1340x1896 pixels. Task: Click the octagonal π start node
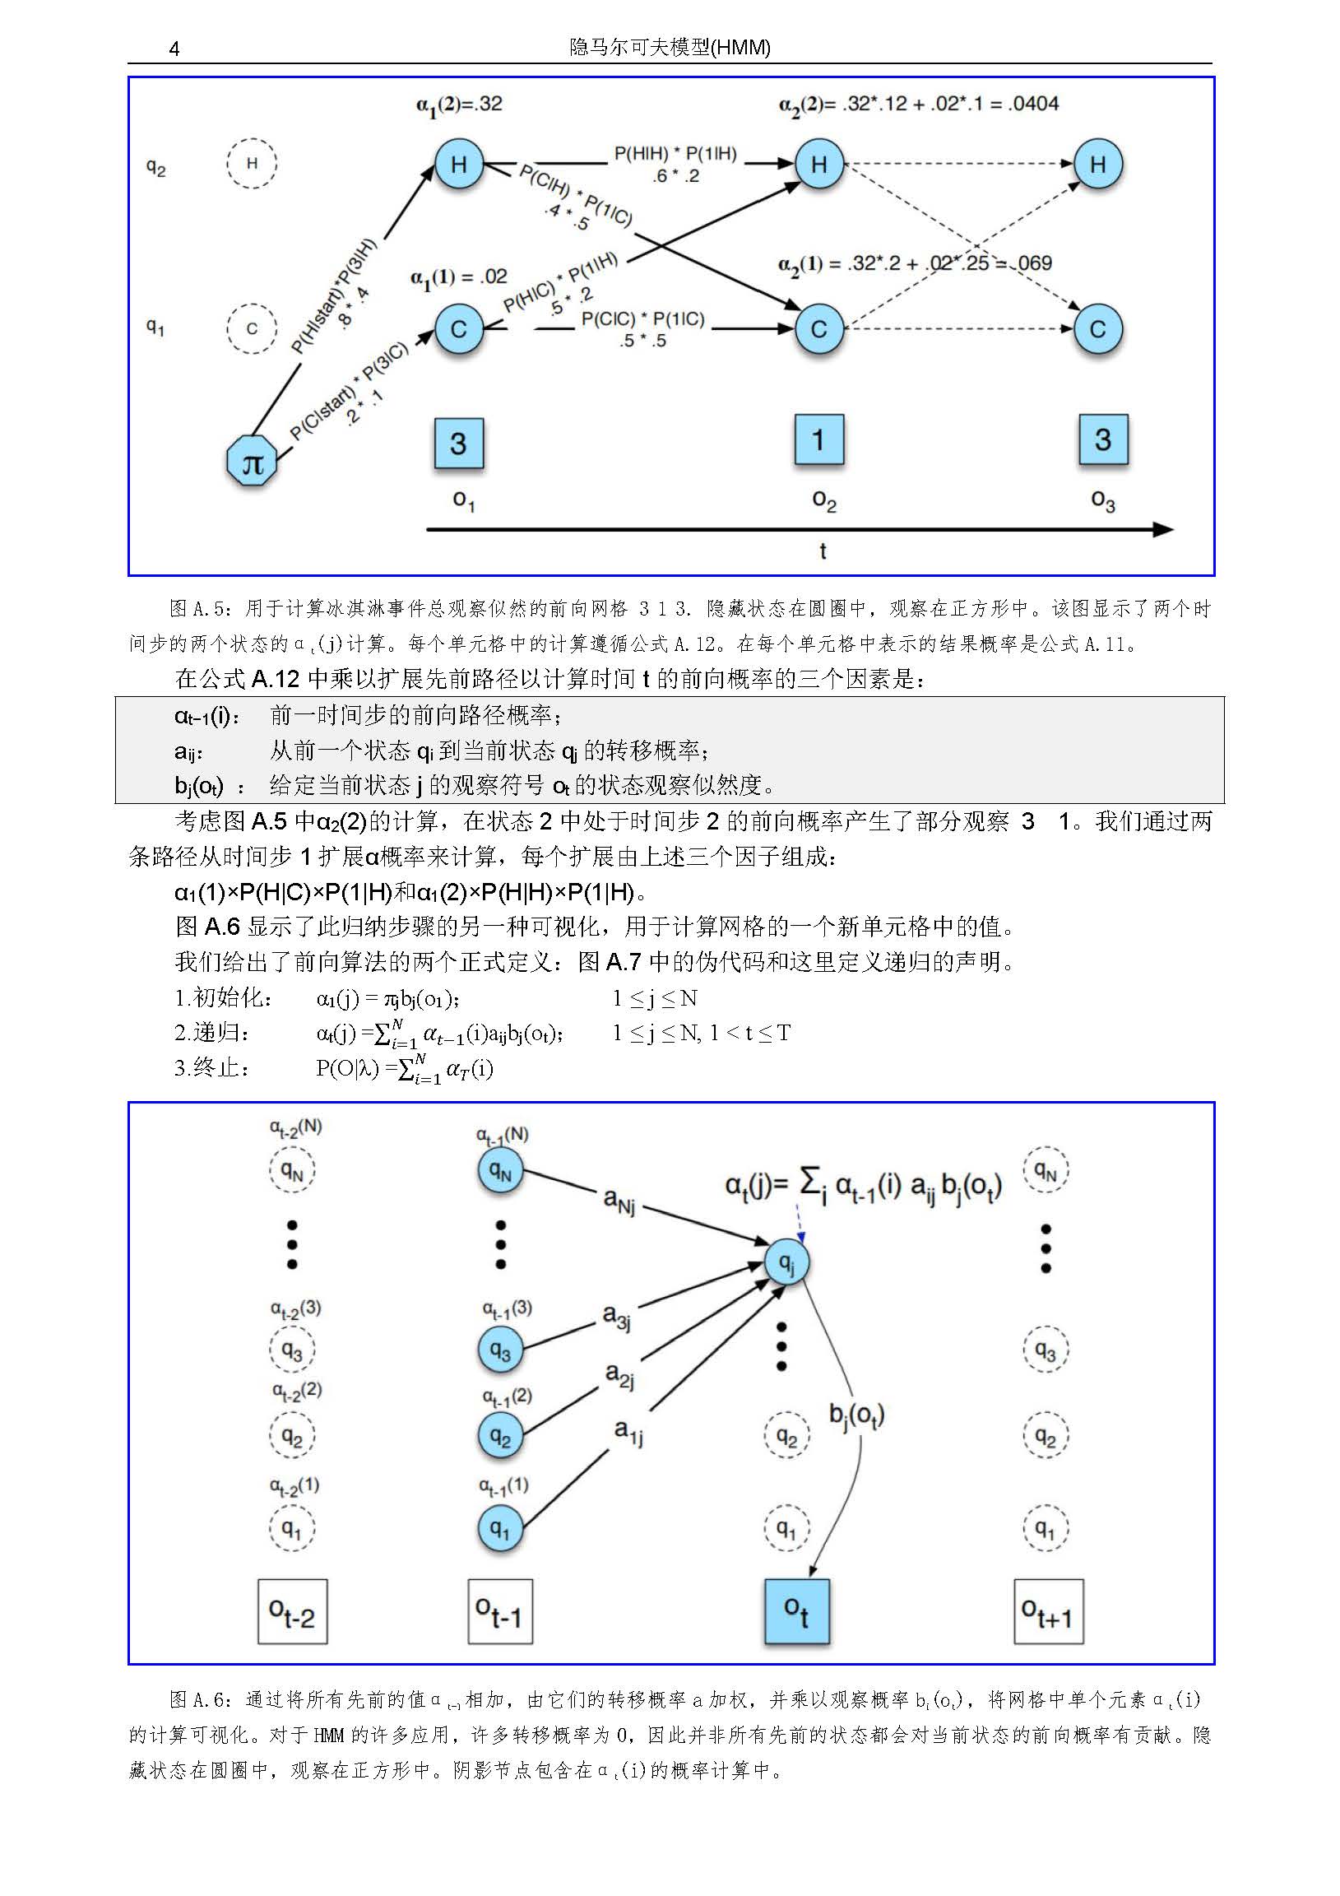pyautogui.click(x=252, y=461)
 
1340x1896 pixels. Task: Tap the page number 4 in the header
pyautogui.click(x=174, y=49)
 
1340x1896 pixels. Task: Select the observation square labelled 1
pyautogui.click(x=818, y=440)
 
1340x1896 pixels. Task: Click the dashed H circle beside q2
pyautogui.click(x=252, y=164)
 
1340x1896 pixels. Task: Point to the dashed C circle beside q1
pyautogui.click(x=252, y=328)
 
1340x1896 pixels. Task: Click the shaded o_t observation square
pyautogui.click(x=797, y=1611)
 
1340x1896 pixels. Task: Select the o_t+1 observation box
pyautogui.click(x=1048, y=1611)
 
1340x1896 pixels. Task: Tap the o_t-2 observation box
pyautogui.click(x=292, y=1611)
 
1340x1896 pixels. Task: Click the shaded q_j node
pyautogui.click(x=787, y=1262)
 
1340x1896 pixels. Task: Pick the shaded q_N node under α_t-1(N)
pyautogui.click(x=500, y=1170)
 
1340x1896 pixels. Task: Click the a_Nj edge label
pyautogui.click(x=619, y=1200)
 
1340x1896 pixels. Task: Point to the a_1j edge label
pyautogui.click(x=628, y=1431)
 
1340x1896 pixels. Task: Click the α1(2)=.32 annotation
pyautogui.click(x=459, y=105)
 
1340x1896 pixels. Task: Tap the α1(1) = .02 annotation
pyautogui.click(x=459, y=277)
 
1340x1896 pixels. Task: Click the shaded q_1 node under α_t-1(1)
pyautogui.click(x=500, y=1528)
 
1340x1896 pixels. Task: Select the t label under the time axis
pyautogui.click(x=823, y=551)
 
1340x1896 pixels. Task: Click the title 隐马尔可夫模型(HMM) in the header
pyautogui.click(x=670, y=48)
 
